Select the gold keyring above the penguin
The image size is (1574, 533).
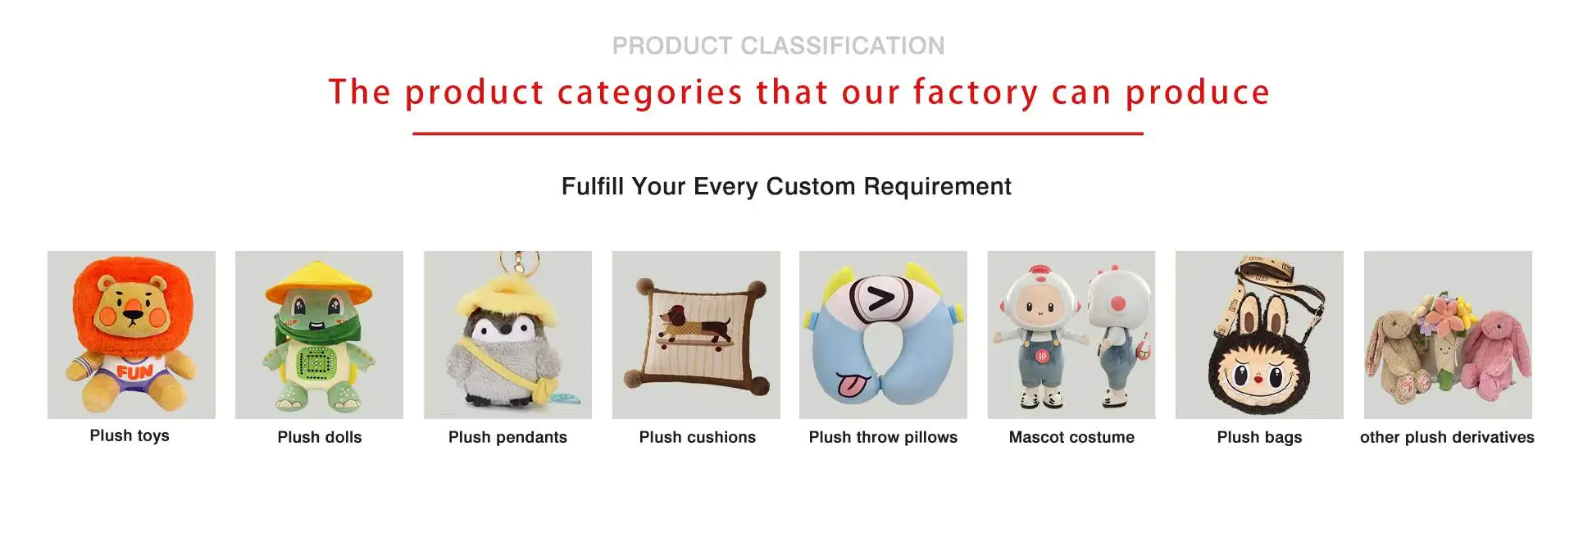522,262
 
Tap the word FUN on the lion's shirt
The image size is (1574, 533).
134,372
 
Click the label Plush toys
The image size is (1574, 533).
130,435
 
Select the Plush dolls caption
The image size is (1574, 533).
320,437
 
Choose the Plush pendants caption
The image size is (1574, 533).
507,437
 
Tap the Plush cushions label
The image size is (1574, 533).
698,437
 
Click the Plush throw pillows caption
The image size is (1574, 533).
883,437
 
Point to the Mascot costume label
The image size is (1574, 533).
1071,437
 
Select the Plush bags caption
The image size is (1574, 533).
1259,437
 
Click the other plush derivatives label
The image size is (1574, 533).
1447,437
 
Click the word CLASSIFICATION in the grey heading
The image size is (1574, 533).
843,46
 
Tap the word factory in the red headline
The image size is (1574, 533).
976,92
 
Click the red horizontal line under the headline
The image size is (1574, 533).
778,134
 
